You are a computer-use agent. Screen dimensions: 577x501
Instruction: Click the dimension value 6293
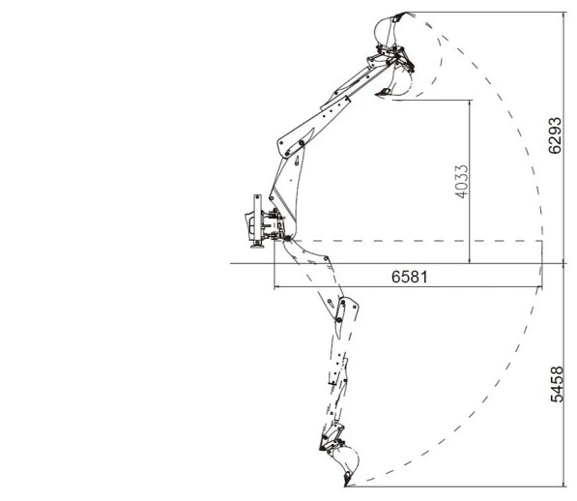[x=556, y=135]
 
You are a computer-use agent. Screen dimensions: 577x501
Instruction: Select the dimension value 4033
[x=462, y=182]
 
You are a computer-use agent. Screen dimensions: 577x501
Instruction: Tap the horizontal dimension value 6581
[x=410, y=277]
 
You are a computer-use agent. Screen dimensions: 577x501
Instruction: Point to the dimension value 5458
[x=557, y=384]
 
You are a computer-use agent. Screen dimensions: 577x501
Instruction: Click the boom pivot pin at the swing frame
[x=287, y=239]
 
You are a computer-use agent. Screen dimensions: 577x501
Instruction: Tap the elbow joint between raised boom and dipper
[x=301, y=143]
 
